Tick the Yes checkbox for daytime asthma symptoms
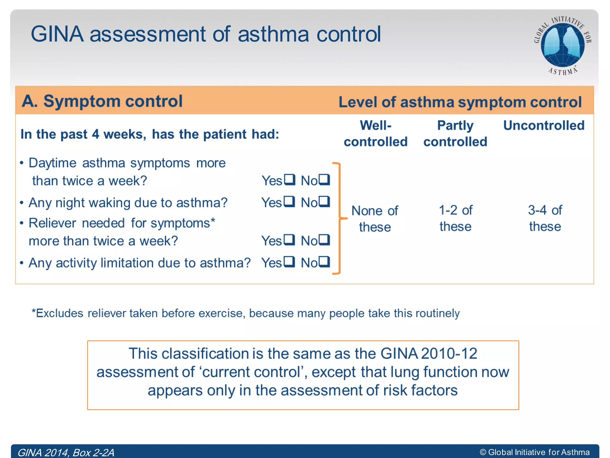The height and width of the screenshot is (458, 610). (289, 180)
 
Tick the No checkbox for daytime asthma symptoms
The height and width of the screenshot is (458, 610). (324, 180)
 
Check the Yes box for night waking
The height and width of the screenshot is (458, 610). (289, 202)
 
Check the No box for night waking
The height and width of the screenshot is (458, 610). (324, 202)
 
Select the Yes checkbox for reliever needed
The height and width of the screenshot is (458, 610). (289, 240)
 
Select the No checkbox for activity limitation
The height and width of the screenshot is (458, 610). (324, 262)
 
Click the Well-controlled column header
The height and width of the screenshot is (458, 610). (376, 134)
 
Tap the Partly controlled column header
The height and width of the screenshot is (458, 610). (455, 134)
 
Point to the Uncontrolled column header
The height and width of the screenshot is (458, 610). (544, 126)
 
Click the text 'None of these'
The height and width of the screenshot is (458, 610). (375, 219)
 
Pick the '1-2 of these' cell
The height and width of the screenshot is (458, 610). (455, 218)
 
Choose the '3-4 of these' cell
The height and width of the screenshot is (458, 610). (545, 218)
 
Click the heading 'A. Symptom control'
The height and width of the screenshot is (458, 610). (102, 101)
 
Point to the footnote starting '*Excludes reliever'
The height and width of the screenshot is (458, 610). (245, 313)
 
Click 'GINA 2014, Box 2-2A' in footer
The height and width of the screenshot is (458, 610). (66, 452)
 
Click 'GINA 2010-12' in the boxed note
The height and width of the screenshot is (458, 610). (429, 354)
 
